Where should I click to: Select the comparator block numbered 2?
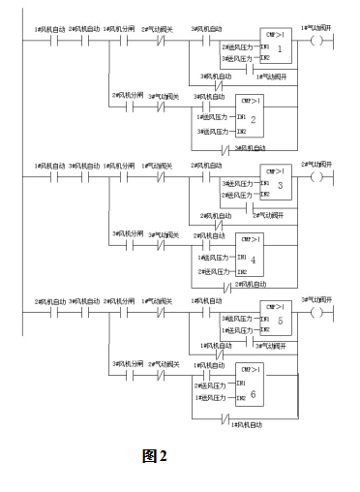click(x=252, y=116)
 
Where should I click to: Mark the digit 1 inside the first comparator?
click(x=280, y=49)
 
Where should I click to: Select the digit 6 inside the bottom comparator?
click(x=253, y=394)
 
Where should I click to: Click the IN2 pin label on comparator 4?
click(x=242, y=271)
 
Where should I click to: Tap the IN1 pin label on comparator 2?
click(x=242, y=116)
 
